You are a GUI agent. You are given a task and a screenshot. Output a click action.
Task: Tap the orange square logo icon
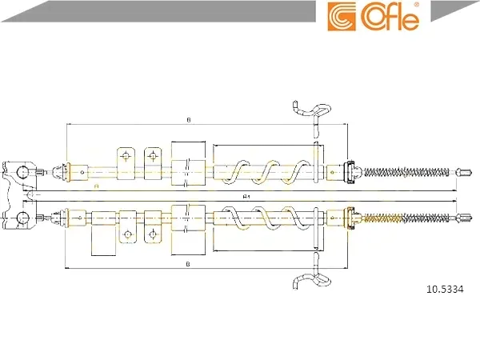342,17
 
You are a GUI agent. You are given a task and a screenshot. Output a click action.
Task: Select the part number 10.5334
445,289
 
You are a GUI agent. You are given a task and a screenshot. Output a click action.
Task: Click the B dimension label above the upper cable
189,120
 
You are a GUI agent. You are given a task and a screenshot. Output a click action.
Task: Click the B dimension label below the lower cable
188,264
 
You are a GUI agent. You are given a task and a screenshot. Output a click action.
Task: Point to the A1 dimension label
246,197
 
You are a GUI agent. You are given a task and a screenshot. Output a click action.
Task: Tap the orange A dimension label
97,186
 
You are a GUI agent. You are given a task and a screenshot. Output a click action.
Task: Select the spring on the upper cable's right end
406,172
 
